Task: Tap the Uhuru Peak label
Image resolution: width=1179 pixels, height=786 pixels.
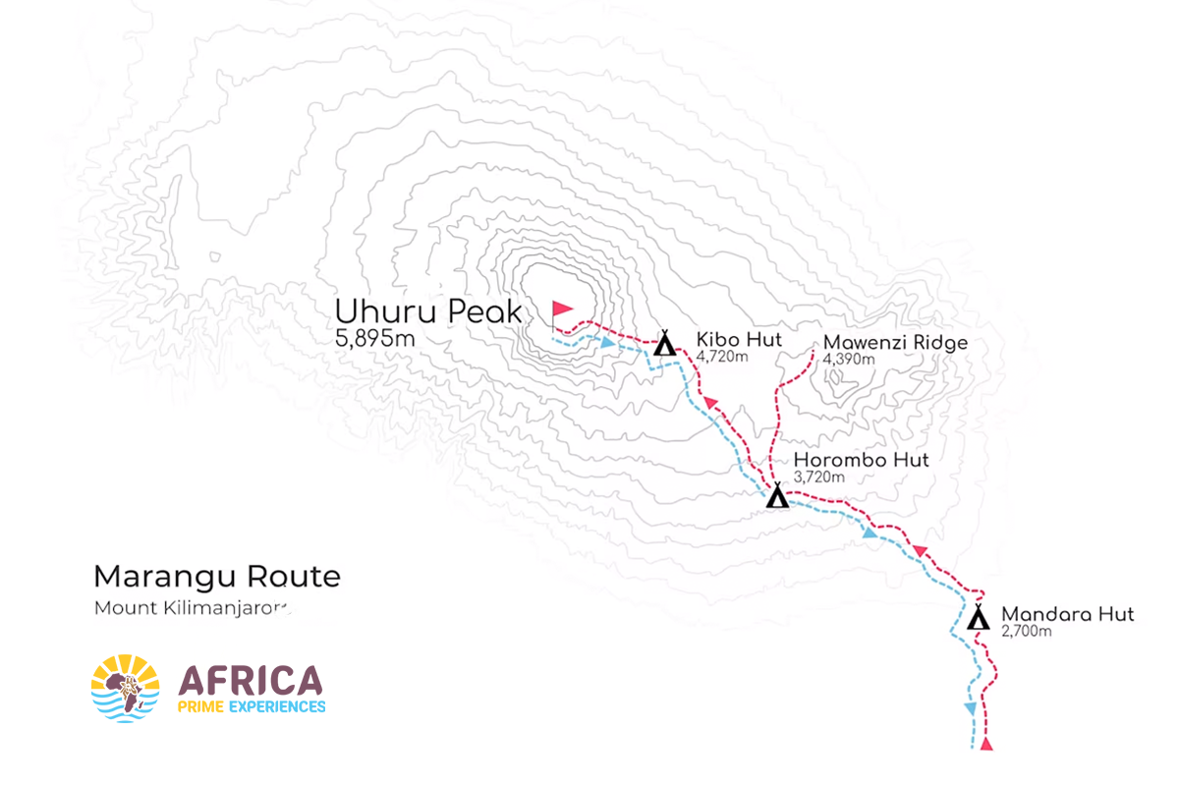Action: pyautogui.click(x=428, y=310)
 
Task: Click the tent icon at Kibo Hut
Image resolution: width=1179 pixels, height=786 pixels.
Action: pyautogui.click(x=664, y=343)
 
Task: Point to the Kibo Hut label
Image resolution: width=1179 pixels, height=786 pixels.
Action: pyautogui.click(x=739, y=340)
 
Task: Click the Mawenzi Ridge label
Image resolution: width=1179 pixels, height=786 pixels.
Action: pyautogui.click(x=895, y=343)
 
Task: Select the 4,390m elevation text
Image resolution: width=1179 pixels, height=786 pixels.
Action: pyautogui.click(x=849, y=359)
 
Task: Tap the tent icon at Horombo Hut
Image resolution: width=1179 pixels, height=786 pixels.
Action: pyautogui.click(x=777, y=496)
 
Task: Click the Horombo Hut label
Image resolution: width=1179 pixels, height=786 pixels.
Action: pyautogui.click(x=861, y=460)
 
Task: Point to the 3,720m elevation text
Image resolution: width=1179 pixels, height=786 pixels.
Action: pyautogui.click(x=818, y=477)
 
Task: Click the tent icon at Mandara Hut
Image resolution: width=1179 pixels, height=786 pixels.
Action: pyautogui.click(x=978, y=618)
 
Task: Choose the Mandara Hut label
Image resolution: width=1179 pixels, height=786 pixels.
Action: pyautogui.click(x=1067, y=615)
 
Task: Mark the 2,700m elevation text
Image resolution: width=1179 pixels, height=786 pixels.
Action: pyautogui.click(x=1027, y=631)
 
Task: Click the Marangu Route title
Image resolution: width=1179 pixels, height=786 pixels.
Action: pyautogui.click(x=216, y=577)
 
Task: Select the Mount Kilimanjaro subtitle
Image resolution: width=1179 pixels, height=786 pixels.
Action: pyautogui.click(x=193, y=607)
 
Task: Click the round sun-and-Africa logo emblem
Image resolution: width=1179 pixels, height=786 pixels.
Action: pyautogui.click(x=125, y=688)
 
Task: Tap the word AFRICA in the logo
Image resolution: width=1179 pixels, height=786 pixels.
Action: pyautogui.click(x=251, y=680)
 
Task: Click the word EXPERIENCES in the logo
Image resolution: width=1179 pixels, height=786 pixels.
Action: pyautogui.click(x=277, y=705)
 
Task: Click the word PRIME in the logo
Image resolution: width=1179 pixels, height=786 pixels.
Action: pyautogui.click(x=200, y=705)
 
